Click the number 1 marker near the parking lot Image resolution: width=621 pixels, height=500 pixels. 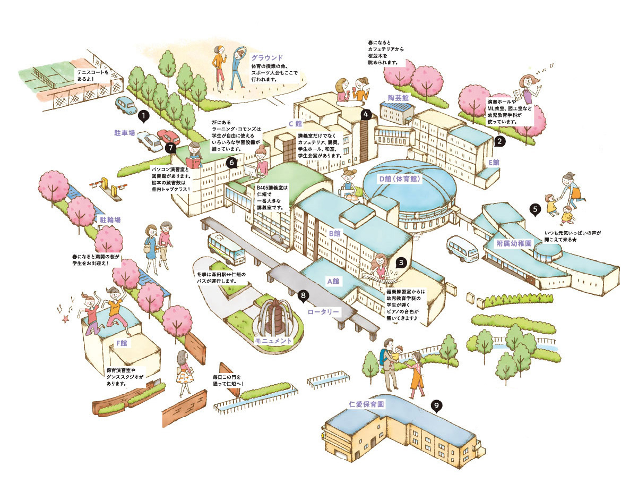click(x=143, y=114)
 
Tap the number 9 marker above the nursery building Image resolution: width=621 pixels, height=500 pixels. click(x=436, y=406)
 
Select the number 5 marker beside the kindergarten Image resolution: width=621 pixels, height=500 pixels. click(x=536, y=209)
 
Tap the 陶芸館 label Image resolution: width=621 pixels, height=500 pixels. click(x=398, y=98)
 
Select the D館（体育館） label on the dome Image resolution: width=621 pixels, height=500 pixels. click(x=400, y=179)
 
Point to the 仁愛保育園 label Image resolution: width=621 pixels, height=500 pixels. click(x=367, y=404)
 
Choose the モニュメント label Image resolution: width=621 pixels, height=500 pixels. click(x=274, y=340)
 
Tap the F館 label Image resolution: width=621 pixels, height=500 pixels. click(x=122, y=343)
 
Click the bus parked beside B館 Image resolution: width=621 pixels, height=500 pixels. click(x=226, y=249)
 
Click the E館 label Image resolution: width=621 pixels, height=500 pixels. click(x=494, y=162)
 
